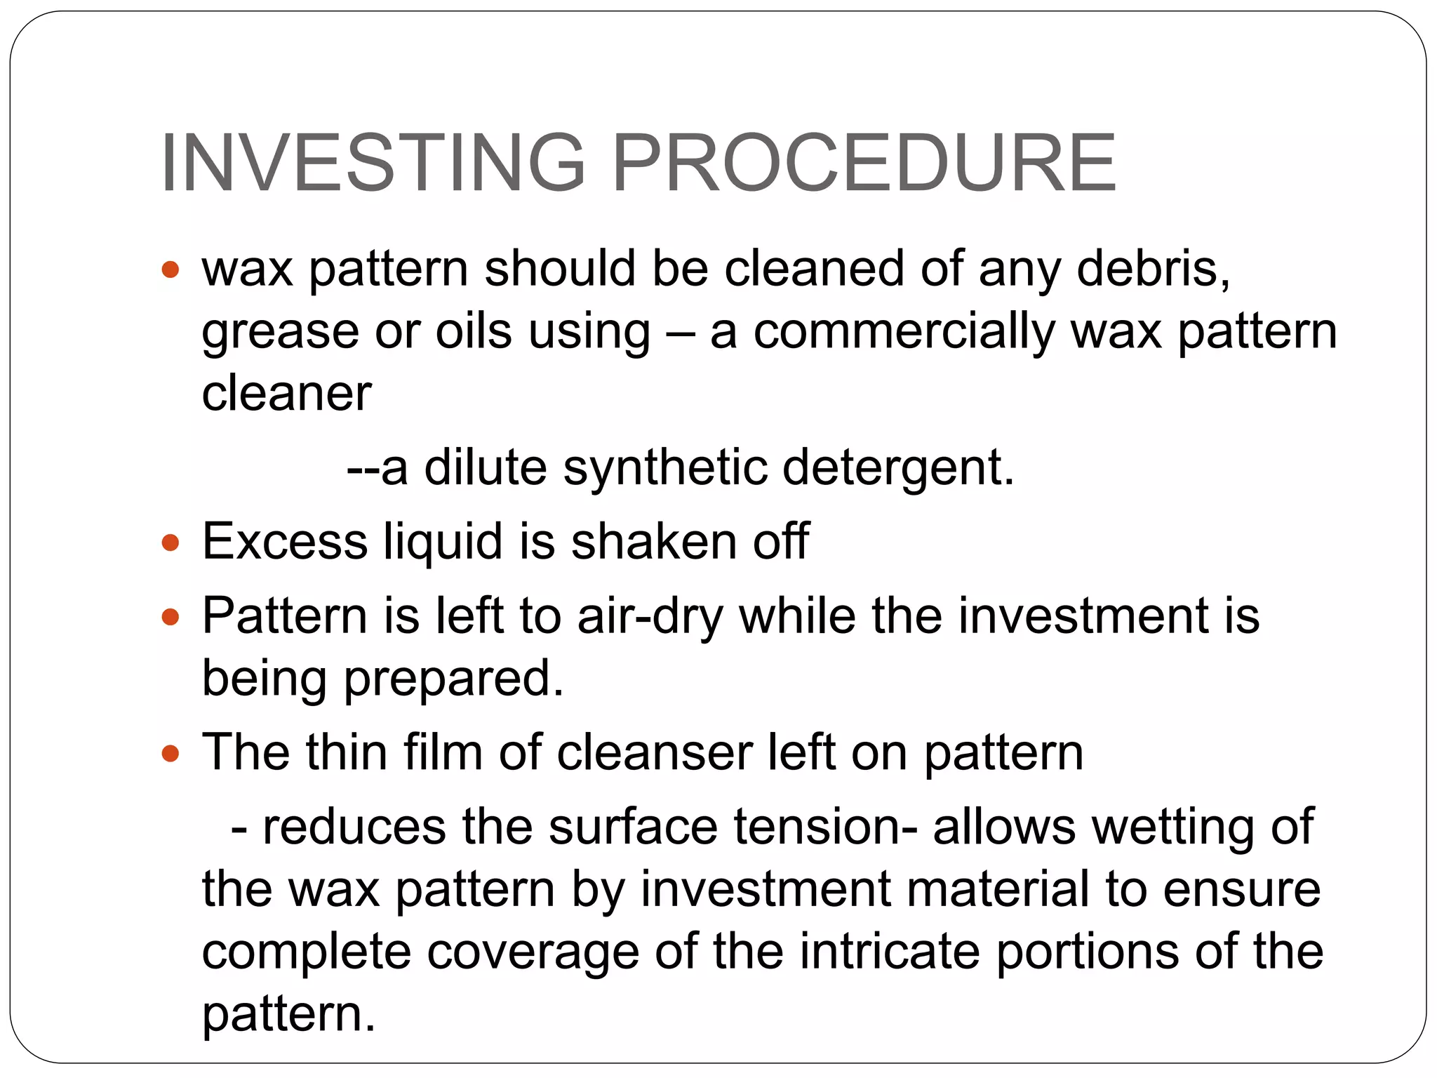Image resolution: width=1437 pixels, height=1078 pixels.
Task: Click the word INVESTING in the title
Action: click(373, 163)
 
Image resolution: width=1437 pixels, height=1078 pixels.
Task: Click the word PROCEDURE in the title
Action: click(864, 163)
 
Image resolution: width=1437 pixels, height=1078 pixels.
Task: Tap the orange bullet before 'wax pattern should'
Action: click(171, 269)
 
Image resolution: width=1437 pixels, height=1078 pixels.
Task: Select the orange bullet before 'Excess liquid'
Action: click(171, 543)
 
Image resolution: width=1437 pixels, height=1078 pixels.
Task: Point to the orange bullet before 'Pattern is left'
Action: click(171, 617)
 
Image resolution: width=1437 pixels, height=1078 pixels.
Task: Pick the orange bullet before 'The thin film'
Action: click(171, 754)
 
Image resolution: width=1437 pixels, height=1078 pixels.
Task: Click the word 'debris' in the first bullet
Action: click(1151, 269)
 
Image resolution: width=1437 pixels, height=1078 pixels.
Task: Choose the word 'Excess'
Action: click(285, 542)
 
